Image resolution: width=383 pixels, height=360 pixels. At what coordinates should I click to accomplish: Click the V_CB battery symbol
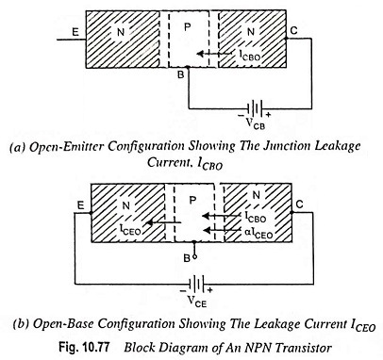(255, 109)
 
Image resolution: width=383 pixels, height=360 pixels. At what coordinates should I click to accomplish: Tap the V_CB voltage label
(255, 123)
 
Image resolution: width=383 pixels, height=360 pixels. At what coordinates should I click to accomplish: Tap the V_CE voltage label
(197, 301)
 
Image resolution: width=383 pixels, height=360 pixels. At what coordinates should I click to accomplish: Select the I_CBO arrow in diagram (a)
(216, 54)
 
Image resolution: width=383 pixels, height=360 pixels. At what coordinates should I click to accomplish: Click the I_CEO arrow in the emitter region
(164, 222)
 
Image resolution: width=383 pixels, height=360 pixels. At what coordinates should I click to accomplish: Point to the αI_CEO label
(258, 233)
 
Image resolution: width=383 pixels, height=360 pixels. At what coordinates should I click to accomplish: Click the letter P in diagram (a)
(188, 27)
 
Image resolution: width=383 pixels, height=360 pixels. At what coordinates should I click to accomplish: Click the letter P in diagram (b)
(193, 200)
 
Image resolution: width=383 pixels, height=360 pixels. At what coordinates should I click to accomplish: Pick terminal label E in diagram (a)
(75, 32)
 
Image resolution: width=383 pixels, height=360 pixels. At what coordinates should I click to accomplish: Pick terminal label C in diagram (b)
(299, 205)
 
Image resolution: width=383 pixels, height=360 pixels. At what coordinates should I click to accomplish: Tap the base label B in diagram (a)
(181, 75)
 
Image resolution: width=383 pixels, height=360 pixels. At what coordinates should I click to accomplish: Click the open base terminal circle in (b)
(195, 256)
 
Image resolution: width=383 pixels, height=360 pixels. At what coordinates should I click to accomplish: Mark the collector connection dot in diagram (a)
(286, 39)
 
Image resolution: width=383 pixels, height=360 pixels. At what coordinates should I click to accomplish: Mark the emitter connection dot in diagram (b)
(91, 213)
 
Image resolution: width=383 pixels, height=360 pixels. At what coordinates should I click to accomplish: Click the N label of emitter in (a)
(121, 32)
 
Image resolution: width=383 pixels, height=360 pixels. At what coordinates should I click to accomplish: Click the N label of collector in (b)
(257, 195)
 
